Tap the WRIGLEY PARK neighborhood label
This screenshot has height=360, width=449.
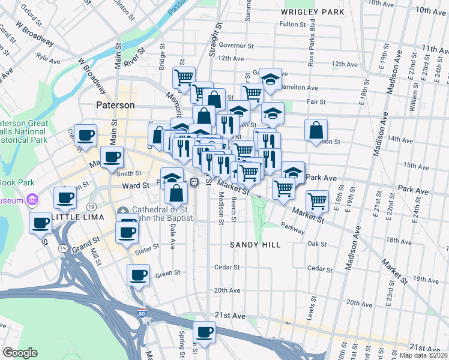[312, 12]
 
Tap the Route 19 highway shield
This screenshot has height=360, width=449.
[62, 247]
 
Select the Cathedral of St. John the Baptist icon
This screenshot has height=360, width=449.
[123, 211]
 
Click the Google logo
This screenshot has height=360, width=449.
[20, 353]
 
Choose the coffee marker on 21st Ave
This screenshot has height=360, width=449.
[204, 332]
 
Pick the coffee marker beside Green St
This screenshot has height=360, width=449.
[138, 275]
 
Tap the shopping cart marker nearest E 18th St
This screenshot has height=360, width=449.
[316, 200]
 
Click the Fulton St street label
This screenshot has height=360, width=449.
[293, 25]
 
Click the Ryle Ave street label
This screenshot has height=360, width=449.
[48, 59]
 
